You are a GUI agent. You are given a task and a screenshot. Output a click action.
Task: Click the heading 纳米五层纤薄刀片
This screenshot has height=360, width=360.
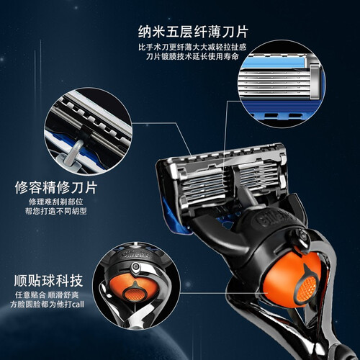(193, 32)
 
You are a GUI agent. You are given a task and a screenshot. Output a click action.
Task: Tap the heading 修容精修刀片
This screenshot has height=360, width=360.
(56, 187)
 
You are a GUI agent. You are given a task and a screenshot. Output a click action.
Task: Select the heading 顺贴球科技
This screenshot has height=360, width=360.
(48, 280)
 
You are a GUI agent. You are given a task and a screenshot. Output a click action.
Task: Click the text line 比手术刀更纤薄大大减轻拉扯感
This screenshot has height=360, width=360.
(192, 47)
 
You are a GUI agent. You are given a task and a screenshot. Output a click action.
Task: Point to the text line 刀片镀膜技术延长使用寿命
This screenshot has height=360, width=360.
(192, 57)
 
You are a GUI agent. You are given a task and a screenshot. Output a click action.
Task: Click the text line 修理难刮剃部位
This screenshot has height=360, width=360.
(56, 202)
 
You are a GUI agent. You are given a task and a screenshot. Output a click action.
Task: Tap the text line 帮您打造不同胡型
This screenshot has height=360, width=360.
(56, 211)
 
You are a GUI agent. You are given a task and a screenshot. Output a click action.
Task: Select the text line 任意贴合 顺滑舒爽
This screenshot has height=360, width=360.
(47, 294)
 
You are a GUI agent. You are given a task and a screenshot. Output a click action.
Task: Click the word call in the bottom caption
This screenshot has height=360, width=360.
(78, 305)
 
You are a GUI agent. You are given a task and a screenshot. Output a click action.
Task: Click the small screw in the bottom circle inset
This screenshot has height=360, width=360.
(136, 266)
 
